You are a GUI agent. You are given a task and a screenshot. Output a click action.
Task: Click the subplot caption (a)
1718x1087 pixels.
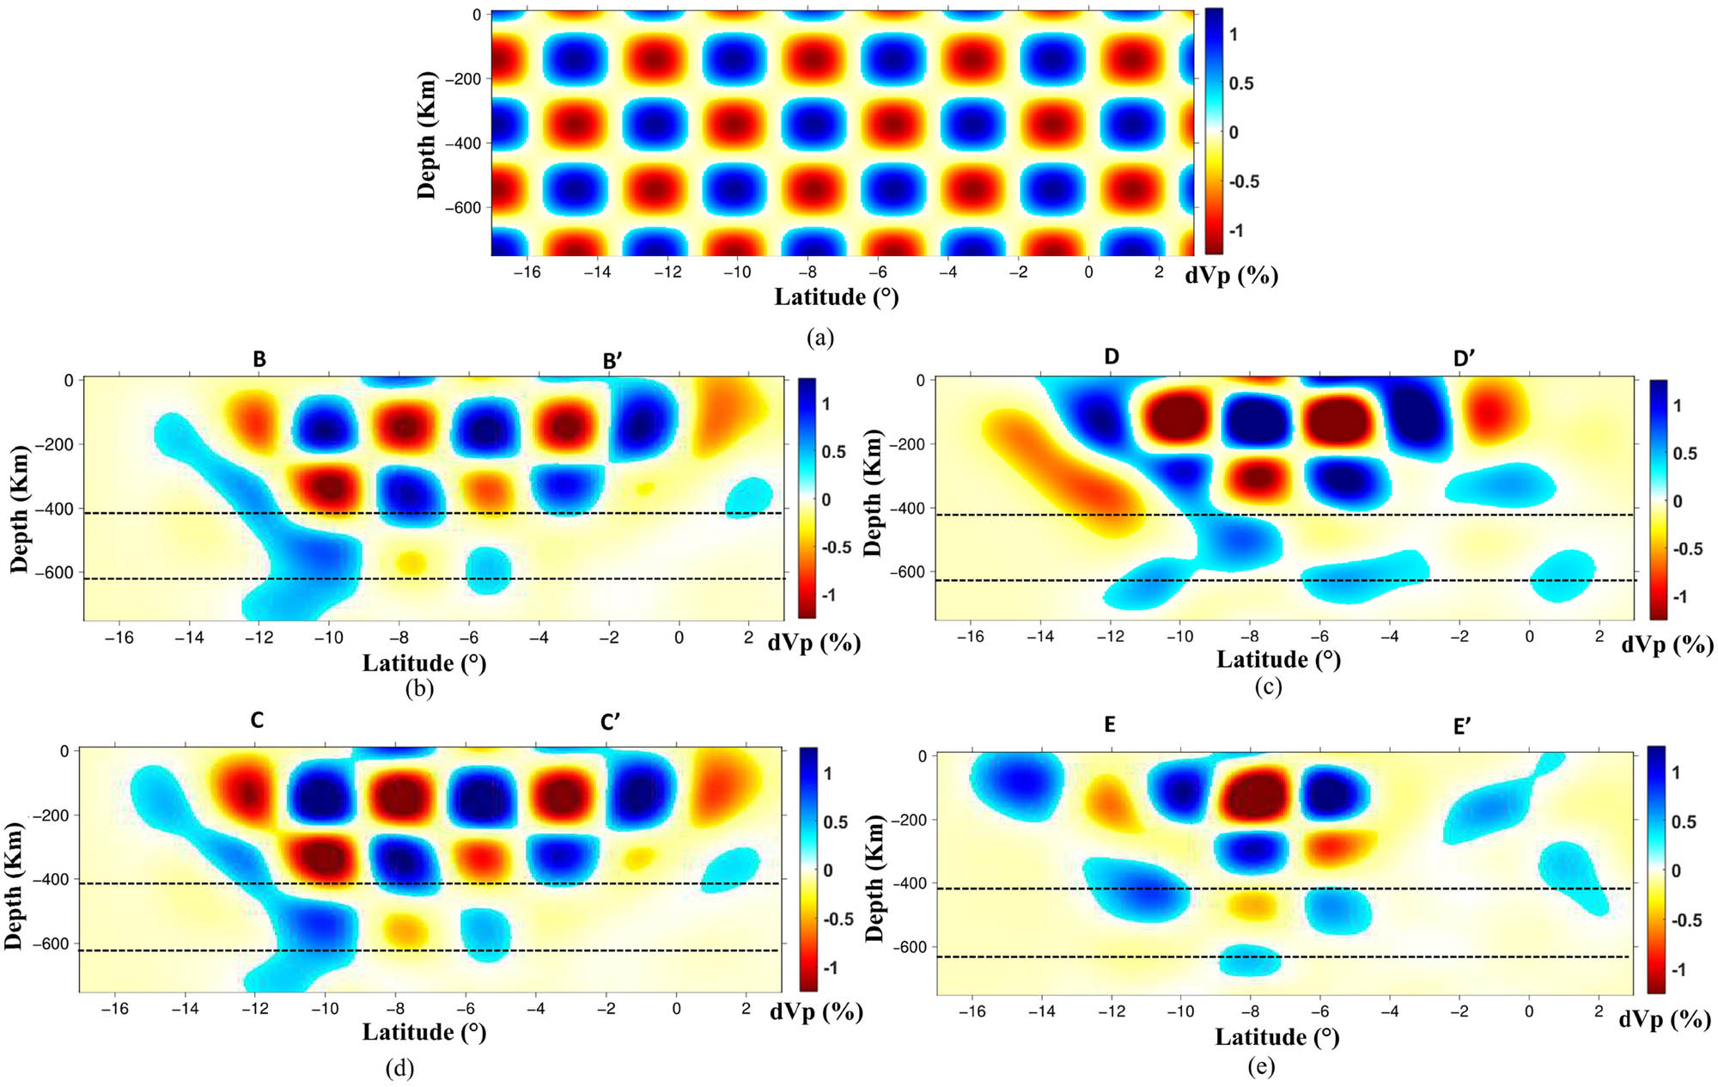(820, 338)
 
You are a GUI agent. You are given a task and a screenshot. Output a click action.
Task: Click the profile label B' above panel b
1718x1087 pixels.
(612, 362)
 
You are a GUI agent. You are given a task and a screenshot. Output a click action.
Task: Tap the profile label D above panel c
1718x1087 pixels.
(1112, 357)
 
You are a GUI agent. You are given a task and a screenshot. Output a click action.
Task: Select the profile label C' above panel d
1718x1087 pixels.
(611, 723)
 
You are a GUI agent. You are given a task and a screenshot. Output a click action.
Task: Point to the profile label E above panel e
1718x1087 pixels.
(1110, 725)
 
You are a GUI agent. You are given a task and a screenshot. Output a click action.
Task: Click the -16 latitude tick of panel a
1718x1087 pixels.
(527, 272)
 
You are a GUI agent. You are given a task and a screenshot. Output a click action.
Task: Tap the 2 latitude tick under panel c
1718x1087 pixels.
(1599, 637)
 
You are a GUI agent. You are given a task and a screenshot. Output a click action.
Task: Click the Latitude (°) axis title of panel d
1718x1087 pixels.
(424, 1031)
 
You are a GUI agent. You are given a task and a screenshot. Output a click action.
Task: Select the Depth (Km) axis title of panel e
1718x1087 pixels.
(874, 879)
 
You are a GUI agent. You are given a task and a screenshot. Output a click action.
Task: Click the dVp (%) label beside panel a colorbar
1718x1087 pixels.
(1231, 276)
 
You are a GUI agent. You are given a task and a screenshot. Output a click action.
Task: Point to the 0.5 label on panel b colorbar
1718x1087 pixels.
(834, 452)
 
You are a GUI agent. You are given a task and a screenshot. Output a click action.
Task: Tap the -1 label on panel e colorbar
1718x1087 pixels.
(1677, 969)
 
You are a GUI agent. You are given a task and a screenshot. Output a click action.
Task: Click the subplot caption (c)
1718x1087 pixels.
(1268, 687)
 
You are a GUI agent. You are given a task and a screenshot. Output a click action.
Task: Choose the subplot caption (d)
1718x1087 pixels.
(400, 1068)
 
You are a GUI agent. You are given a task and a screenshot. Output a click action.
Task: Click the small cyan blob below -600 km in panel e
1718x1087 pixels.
(1250, 961)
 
